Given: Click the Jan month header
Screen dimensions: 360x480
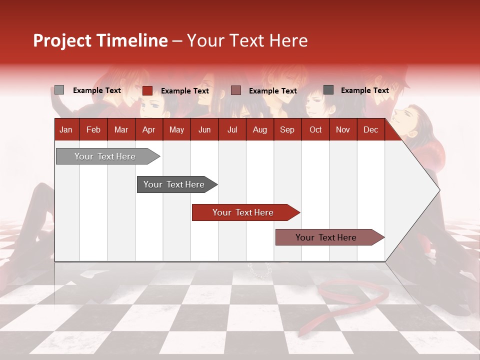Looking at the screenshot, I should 66,129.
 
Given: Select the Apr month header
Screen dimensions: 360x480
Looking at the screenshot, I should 148,129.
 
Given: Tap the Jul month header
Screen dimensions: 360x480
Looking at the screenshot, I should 232,129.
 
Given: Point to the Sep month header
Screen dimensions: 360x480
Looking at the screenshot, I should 287,129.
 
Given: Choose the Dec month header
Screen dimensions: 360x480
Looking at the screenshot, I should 370,129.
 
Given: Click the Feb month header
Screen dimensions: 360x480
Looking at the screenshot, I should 93,129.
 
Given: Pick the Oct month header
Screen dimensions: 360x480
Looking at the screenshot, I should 315,129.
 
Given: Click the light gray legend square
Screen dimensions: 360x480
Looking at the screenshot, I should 59,90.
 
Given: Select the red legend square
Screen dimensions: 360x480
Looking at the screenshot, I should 147,90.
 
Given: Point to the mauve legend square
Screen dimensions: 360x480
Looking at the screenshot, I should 236,90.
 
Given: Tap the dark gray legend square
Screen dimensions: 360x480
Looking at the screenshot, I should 328,90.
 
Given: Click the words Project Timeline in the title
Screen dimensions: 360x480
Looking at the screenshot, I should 100,40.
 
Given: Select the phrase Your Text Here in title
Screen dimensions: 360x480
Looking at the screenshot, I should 247,40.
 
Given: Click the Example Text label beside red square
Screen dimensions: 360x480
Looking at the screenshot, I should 185,91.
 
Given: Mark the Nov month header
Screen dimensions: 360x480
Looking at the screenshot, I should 343,129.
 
